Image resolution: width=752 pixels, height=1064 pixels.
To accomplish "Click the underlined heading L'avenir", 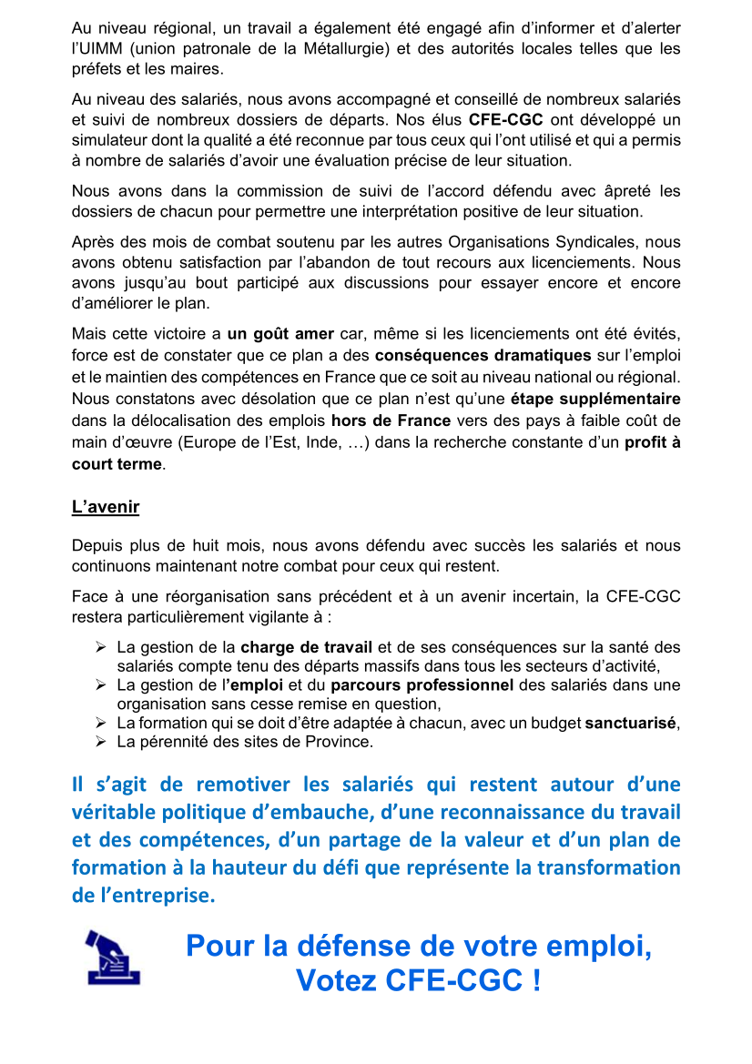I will click(x=106, y=507).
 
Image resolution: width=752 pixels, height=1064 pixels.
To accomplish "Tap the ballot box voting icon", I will click(x=113, y=957).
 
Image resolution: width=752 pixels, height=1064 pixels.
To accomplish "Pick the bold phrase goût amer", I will click(x=280, y=333).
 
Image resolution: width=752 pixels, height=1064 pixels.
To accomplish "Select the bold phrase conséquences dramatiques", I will click(x=483, y=353).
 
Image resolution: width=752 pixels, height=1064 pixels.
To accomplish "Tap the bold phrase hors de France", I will click(x=391, y=421).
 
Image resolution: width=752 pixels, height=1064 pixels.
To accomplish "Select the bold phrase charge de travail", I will click(x=306, y=647).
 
